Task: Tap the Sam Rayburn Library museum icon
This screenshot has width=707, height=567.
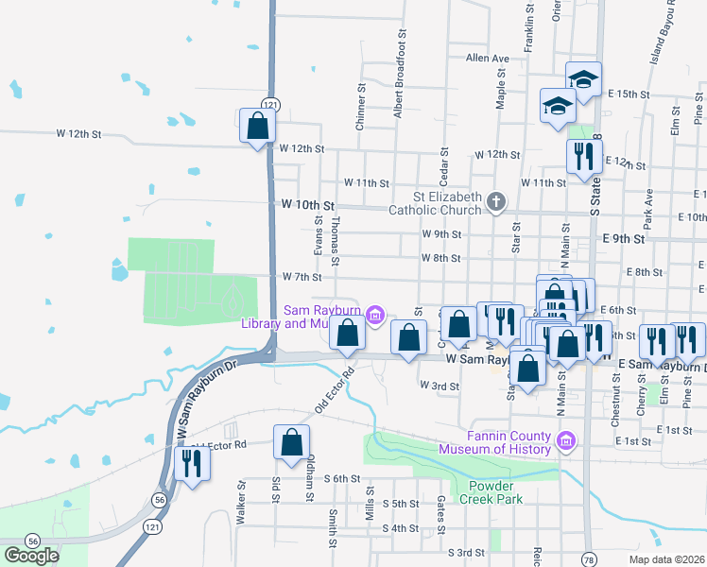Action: tap(375, 314)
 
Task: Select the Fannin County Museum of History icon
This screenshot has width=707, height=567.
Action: tap(566, 439)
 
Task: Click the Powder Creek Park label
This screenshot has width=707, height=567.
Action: tap(496, 492)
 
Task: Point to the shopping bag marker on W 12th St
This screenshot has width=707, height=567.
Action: tap(257, 127)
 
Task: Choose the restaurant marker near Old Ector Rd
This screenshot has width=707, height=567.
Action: tap(193, 465)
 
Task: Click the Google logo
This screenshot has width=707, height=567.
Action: tap(31, 556)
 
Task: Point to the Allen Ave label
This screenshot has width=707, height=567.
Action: tap(488, 59)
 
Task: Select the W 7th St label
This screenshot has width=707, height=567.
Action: tap(302, 278)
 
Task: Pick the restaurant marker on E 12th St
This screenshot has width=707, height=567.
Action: tap(583, 156)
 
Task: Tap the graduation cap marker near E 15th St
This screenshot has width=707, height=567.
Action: tap(584, 79)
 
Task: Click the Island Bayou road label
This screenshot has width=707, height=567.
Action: tap(662, 33)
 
